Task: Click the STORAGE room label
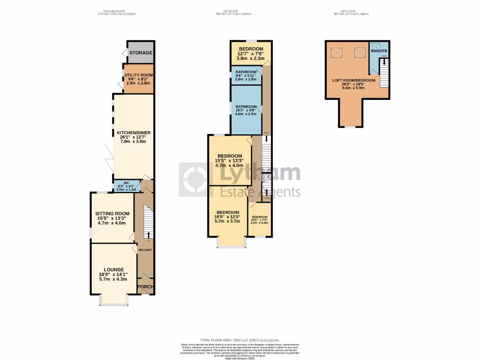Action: coord(141,53)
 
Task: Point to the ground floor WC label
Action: coord(126,183)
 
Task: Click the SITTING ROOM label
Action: coord(112,213)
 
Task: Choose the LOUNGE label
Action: coord(114,270)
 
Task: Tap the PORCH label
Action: coord(145,287)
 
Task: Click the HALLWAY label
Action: coord(145,250)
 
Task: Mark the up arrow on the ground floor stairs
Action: coord(149,234)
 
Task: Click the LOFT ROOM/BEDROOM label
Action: coord(354,81)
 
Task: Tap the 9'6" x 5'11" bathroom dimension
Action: coord(246,76)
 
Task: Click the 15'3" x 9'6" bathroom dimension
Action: coord(246,111)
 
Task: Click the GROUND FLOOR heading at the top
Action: coord(117,11)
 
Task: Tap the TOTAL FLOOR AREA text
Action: coord(240,340)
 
